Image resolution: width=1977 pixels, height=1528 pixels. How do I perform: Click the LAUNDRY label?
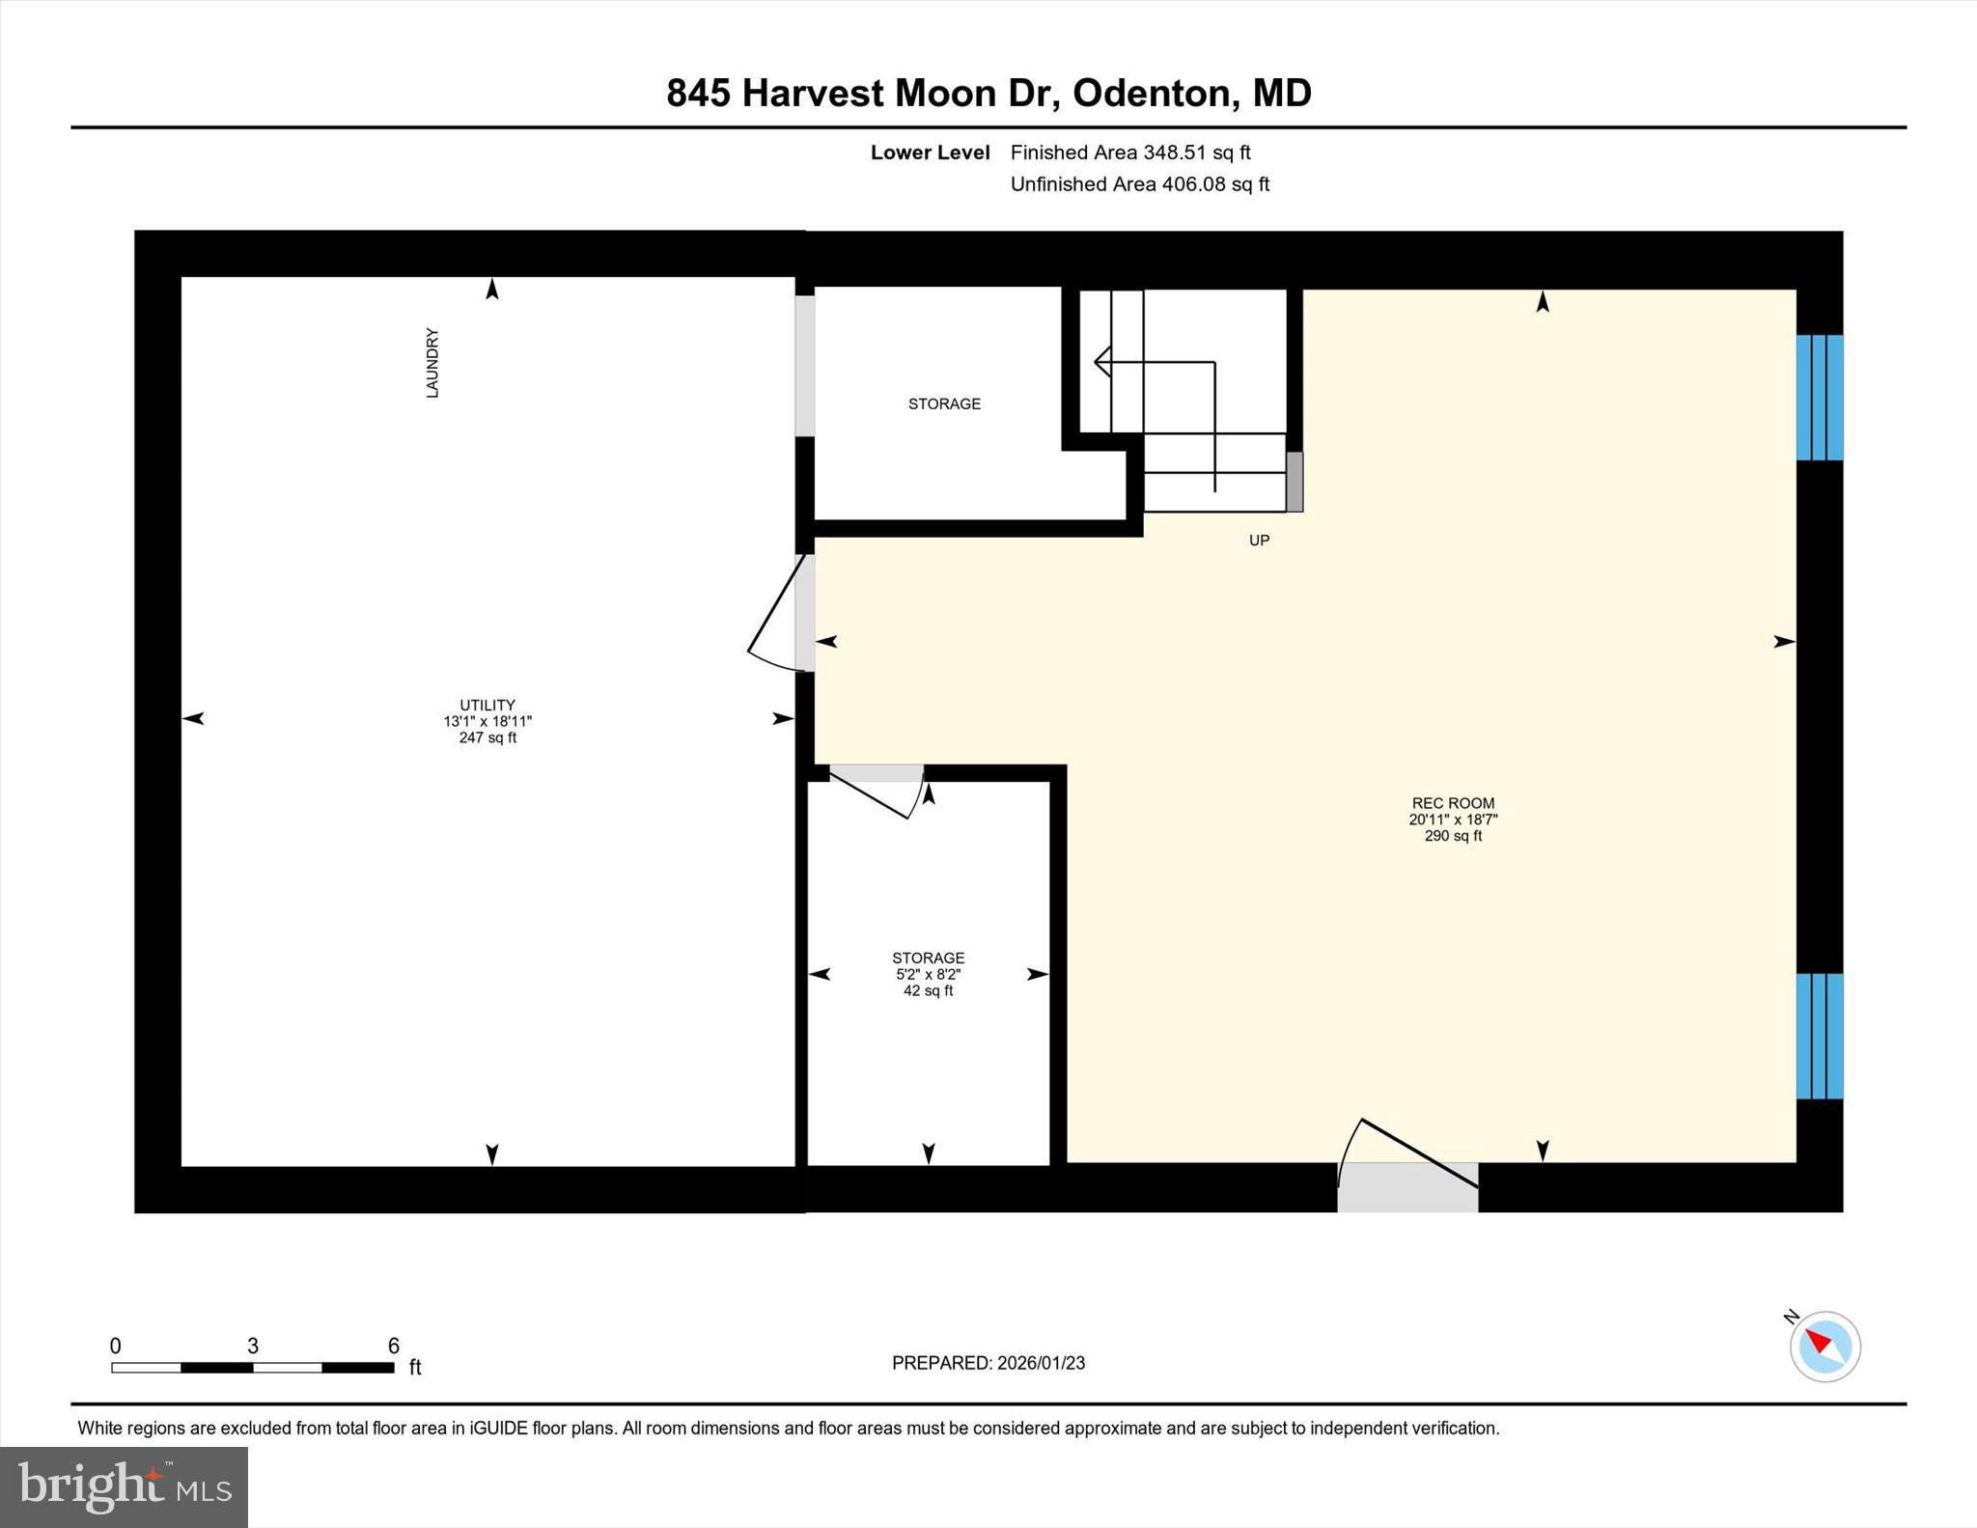[x=432, y=363]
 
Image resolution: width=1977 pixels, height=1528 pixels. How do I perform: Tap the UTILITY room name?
[x=487, y=705]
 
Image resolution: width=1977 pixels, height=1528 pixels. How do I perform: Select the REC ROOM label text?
[x=1453, y=803]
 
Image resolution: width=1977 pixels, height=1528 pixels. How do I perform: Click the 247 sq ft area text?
[x=487, y=738]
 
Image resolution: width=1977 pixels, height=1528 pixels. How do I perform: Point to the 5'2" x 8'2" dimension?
[x=928, y=975]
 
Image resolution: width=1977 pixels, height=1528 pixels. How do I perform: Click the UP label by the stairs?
[x=1259, y=541]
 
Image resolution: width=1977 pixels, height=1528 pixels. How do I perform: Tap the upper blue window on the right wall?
[x=1819, y=397]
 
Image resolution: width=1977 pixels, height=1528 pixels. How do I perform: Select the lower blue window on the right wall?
[x=1819, y=1036]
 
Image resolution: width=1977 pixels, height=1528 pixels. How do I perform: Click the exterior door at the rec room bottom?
[x=1407, y=1186]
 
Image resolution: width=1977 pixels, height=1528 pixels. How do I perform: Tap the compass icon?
[x=1824, y=1347]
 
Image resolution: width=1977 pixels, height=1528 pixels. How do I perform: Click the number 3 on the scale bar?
[x=253, y=1346]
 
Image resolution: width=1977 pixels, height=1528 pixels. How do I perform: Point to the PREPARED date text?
[x=988, y=1363]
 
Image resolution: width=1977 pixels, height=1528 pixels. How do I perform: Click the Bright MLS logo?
[x=124, y=1486]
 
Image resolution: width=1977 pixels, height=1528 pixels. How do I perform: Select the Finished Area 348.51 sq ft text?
[x=1130, y=153]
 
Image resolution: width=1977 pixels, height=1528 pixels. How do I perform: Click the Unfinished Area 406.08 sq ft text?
[x=1139, y=184]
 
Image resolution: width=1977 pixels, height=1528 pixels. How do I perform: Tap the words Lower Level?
[x=930, y=153]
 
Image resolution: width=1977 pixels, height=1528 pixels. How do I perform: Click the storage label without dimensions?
[x=944, y=403]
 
